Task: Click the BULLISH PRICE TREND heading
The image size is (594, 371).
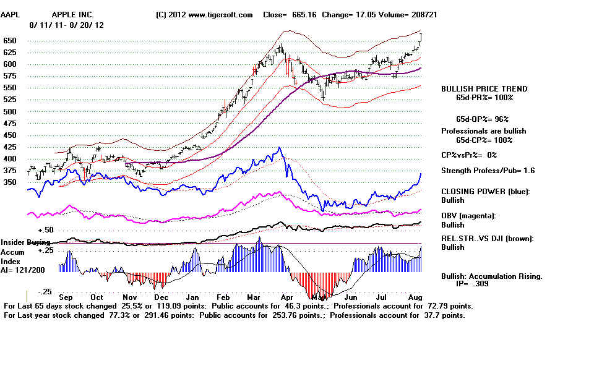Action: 484,89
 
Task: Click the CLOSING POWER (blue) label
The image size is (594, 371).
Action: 486,192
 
